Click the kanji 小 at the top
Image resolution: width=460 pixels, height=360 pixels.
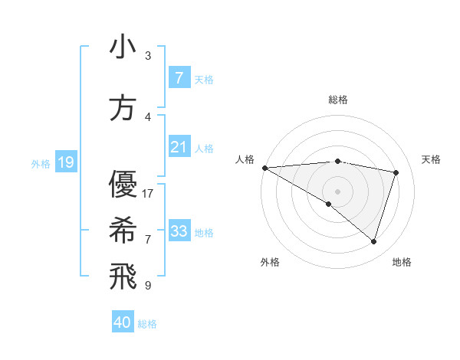click(123, 47)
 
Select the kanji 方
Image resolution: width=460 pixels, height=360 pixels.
click(123, 108)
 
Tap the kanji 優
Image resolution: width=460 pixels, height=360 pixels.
click(123, 185)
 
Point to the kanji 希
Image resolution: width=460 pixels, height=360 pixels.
click(123, 229)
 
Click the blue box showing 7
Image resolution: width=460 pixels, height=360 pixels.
click(179, 78)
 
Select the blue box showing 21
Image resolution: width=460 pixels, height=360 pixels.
click(179, 147)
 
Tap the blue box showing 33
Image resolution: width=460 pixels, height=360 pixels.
click(179, 231)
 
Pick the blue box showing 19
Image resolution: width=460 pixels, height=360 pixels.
click(65, 162)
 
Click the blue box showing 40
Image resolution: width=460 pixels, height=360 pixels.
click(123, 322)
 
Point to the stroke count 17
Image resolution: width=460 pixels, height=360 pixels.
click(148, 194)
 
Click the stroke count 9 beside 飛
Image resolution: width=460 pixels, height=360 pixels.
click(148, 286)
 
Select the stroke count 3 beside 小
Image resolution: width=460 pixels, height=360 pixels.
click(148, 56)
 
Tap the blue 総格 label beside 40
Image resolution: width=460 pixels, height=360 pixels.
click(147, 324)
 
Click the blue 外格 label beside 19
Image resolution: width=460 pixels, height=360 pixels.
click(41, 163)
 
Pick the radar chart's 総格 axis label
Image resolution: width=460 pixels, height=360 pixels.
click(337, 100)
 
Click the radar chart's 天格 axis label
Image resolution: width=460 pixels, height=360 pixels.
click(431, 159)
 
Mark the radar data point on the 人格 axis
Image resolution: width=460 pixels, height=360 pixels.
click(264, 168)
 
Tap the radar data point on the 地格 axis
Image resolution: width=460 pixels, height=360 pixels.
click(373, 242)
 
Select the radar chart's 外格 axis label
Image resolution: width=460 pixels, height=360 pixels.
click(270, 262)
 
